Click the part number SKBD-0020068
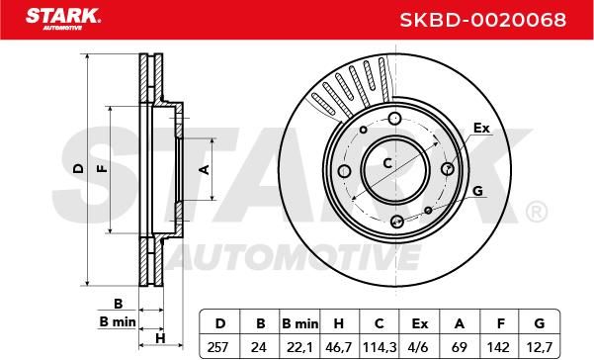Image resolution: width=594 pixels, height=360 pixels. pos(483,20)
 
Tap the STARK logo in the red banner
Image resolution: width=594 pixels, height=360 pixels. pos(63,19)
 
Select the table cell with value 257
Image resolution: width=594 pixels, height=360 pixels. pos(218,347)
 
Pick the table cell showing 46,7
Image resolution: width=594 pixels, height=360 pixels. pos(339,347)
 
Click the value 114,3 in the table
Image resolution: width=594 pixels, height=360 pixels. pos(380,347)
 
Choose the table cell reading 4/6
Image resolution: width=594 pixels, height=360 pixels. pos(420,347)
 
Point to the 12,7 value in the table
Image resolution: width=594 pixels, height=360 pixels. pos(540,347)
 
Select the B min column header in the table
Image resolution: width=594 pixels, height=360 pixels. pos(300,324)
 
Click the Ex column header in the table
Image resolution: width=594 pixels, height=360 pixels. pos(420,324)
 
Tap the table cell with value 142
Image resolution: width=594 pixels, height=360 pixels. pos(500,347)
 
